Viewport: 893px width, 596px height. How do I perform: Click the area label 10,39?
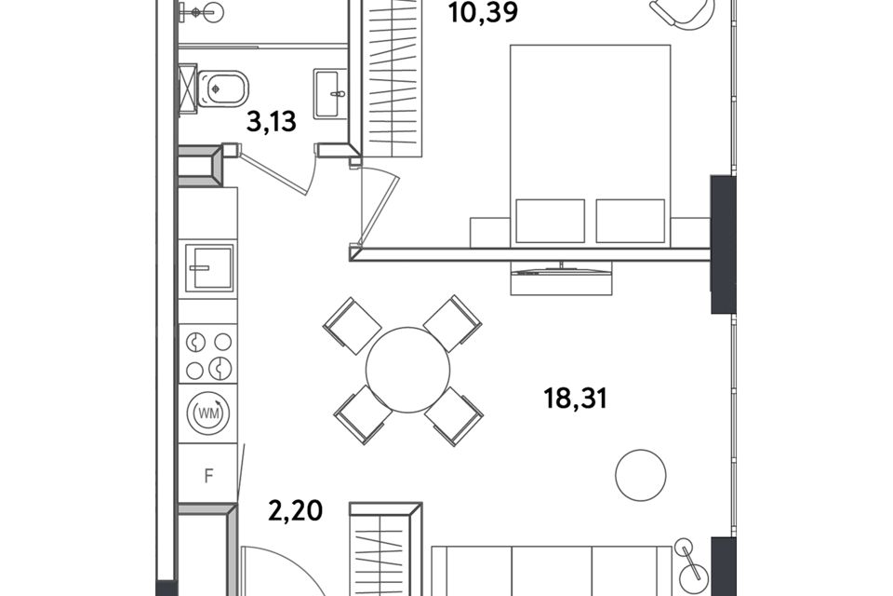click(x=483, y=12)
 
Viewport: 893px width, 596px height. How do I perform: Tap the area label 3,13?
click(x=271, y=121)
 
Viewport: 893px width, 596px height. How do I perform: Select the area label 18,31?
click(x=575, y=398)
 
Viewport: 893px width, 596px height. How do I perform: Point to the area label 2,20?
click(x=296, y=510)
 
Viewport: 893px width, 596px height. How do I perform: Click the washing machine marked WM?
click(x=208, y=413)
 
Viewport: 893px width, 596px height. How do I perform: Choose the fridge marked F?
click(x=207, y=475)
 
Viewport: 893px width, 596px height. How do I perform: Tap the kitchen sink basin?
click(x=209, y=267)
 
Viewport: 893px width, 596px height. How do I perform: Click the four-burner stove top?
click(x=208, y=354)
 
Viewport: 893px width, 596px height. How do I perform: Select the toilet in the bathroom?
click(x=222, y=89)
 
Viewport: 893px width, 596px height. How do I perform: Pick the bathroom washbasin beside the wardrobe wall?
click(x=330, y=93)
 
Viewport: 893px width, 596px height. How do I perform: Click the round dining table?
click(x=407, y=370)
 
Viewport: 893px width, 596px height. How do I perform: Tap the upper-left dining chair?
click(x=352, y=326)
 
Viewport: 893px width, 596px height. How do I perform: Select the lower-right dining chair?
click(x=454, y=417)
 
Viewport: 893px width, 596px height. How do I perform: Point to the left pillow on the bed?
click(x=550, y=221)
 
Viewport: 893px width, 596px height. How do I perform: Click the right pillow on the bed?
click(x=631, y=221)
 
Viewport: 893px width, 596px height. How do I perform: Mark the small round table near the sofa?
click(x=641, y=475)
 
